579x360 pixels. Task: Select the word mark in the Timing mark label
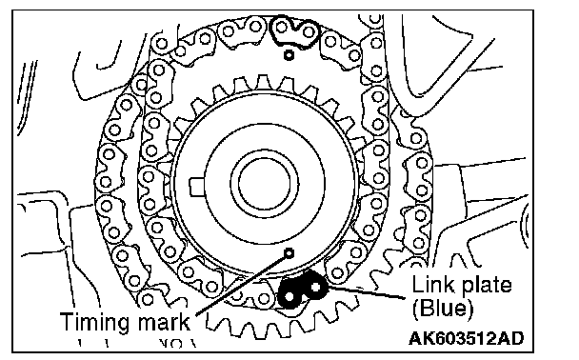pyautogui.click(x=164, y=321)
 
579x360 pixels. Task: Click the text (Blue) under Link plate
pyautogui.click(x=442, y=308)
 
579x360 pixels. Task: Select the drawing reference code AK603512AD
pyautogui.click(x=467, y=338)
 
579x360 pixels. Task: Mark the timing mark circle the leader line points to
pyautogui.click(x=289, y=253)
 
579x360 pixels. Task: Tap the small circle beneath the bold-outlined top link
pyautogui.click(x=289, y=55)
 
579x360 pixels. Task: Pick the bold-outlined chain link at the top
pyautogui.click(x=294, y=31)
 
